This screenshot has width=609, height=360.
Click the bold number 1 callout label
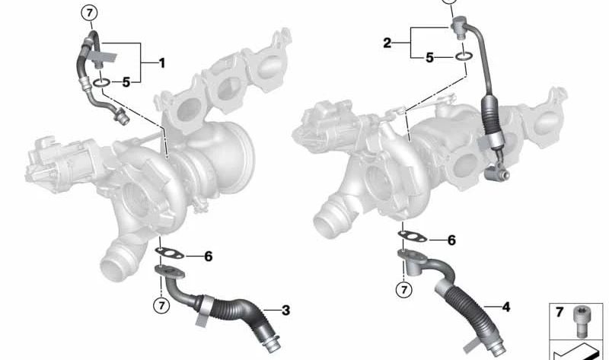click(161, 63)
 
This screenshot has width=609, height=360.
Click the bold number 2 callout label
click(387, 43)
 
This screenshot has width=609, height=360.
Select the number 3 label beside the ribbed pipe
click(285, 310)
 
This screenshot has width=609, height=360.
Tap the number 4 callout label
click(505, 307)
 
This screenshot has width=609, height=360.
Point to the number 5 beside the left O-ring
click(126, 81)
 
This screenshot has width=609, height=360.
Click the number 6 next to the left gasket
click(208, 256)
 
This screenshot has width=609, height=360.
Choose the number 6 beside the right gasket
click(451, 241)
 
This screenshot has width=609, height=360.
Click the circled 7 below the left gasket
click(161, 305)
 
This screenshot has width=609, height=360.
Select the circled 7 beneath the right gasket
click(404, 289)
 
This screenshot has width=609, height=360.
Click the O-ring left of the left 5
click(100, 81)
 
